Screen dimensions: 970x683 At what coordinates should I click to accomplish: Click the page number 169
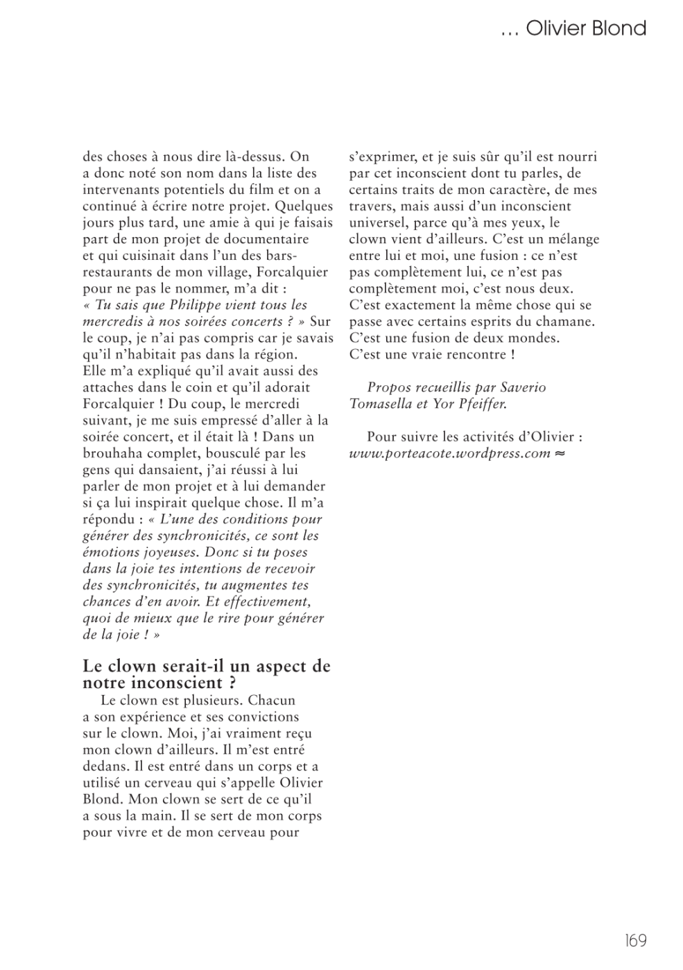tap(635, 940)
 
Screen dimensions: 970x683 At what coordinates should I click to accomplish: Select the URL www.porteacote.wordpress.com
tap(449, 454)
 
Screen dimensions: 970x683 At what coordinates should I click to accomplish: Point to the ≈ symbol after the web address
tap(560, 454)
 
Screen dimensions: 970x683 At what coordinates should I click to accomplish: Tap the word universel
tap(379, 223)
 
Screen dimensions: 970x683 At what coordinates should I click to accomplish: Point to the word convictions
tap(257, 717)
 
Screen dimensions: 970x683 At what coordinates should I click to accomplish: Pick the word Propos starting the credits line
tap(388, 387)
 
